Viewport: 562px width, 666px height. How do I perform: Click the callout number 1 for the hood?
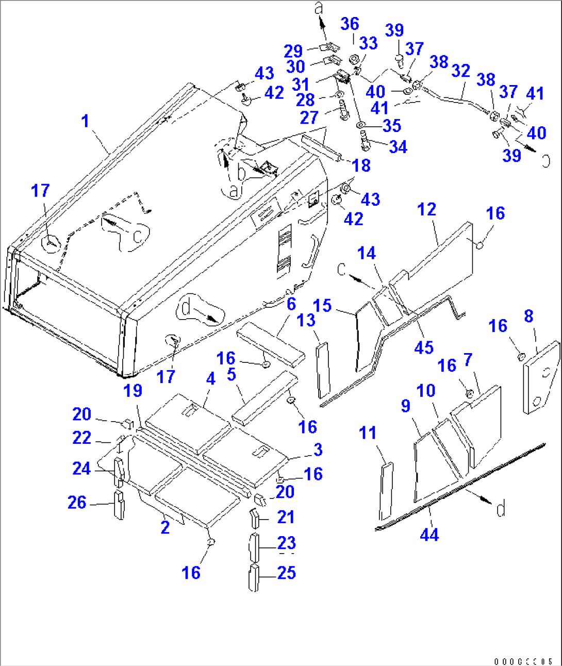click(x=85, y=122)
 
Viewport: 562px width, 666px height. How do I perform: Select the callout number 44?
click(x=429, y=535)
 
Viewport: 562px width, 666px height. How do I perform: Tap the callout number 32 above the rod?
click(x=460, y=71)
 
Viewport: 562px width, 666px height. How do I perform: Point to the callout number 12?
click(x=426, y=209)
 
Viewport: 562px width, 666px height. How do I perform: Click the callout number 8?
click(x=528, y=316)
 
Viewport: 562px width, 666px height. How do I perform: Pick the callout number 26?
click(x=77, y=502)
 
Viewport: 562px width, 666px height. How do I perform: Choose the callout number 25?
click(x=287, y=573)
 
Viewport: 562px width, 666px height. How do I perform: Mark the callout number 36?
click(x=350, y=24)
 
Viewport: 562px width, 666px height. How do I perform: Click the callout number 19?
click(x=133, y=390)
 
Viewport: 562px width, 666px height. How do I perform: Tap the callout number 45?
click(x=424, y=347)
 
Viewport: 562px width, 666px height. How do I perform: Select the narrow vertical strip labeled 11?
click(x=386, y=491)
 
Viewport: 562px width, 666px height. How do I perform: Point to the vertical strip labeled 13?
click(x=323, y=370)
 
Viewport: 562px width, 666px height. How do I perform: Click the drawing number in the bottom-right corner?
click(x=523, y=661)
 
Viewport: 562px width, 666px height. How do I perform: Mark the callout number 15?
click(x=322, y=305)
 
